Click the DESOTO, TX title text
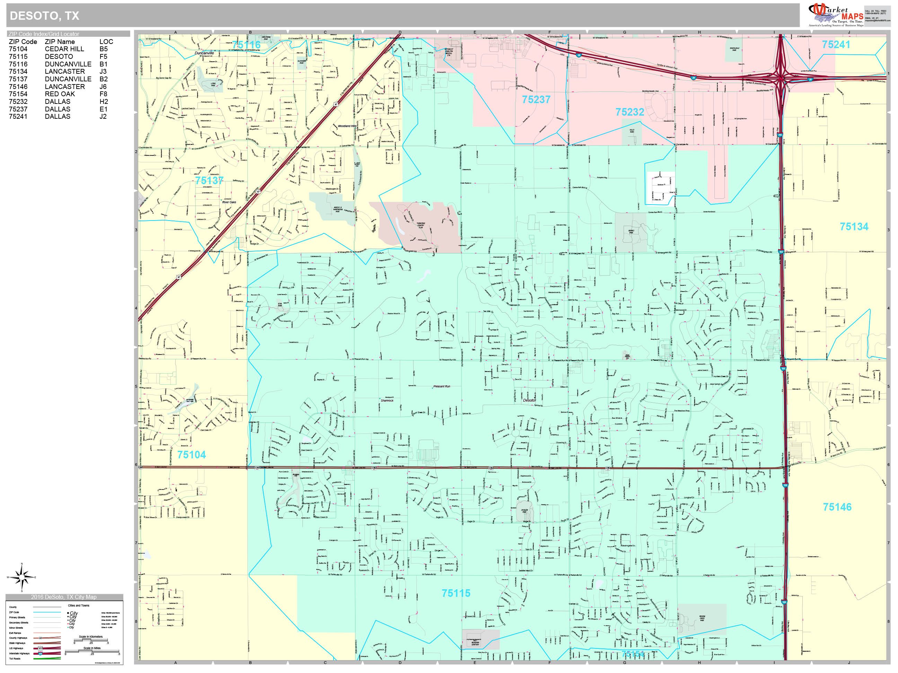pyautogui.click(x=44, y=16)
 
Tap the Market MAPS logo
pyautogui.click(x=837, y=15)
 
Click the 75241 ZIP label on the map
pyautogui.click(x=836, y=45)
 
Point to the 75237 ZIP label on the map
pyautogui.click(x=536, y=99)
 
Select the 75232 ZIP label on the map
pyautogui.click(x=629, y=112)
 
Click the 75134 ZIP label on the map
pyautogui.click(x=854, y=227)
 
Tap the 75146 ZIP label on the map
pyautogui.click(x=837, y=507)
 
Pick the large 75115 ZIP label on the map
pyautogui.click(x=456, y=593)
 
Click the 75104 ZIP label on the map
pyautogui.click(x=191, y=455)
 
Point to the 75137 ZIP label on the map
pyautogui.click(x=209, y=180)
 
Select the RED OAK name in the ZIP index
pyautogui.click(x=60, y=94)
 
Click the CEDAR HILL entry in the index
pyautogui.click(x=64, y=49)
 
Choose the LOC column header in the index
pyautogui.click(x=106, y=42)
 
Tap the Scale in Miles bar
pyautogui.click(x=92, y=652)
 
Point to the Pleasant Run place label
pyautogui.click(x=442, y=387)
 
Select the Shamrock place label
pyautogui.click(x=387, y=401)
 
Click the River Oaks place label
pyautogui.click(x=229, y=202)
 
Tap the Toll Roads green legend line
pyautogui.click(x=47, y=658)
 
